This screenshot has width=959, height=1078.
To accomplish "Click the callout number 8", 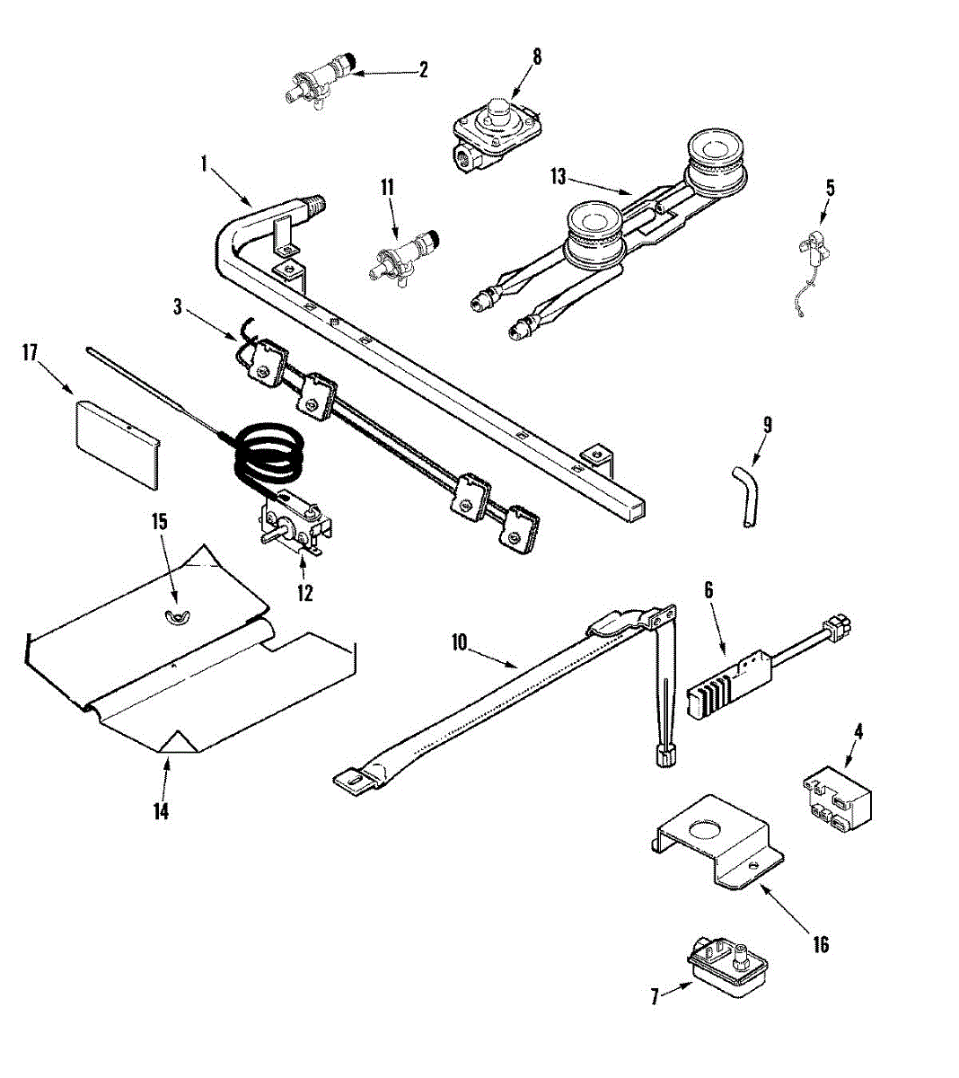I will point(537,56).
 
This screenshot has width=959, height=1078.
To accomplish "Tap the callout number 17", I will point(31,353).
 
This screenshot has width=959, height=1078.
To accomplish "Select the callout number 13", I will point(559,176).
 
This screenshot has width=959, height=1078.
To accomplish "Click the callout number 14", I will point(160,811).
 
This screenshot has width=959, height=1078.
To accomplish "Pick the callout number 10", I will point(459,643).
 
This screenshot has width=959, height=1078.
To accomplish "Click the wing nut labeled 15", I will point(174,614).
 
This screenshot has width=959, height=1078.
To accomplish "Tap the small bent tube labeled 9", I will point(744,493).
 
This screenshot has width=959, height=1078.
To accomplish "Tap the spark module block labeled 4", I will point(837,795).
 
